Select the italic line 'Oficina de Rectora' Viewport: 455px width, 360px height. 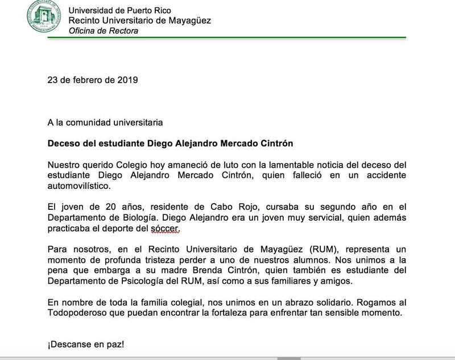click(x=103, y=31)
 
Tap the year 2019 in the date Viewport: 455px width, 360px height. click(x=126, y=80)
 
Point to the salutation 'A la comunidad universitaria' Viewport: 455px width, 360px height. click(x=105, y=122)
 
